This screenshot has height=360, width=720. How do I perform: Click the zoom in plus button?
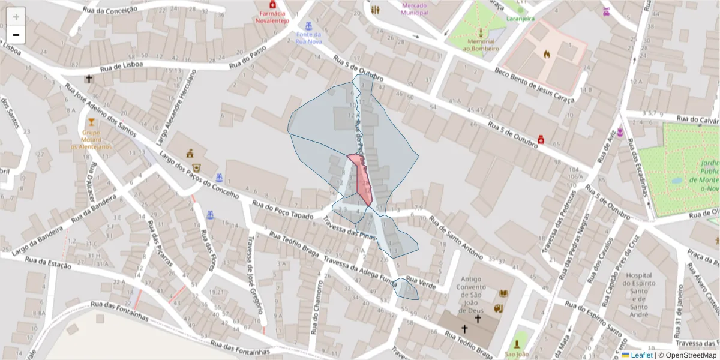[x=16, y=16]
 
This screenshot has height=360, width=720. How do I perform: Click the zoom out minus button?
[x=16, y=35]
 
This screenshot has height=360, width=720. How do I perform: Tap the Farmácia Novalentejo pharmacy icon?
[x=273, y=5]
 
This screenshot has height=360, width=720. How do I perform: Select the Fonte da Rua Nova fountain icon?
[x=308, y=26]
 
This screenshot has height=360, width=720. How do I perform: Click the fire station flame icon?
[x=547, y=54]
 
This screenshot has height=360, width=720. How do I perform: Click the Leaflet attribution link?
[x=641, y=355]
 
